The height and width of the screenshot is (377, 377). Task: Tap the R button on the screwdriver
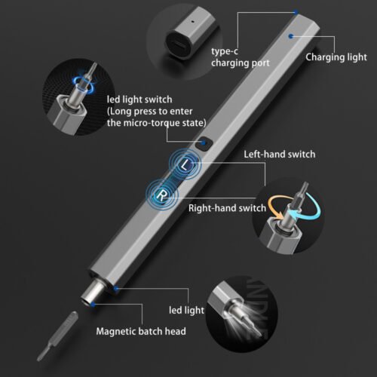click(x=161, y=195)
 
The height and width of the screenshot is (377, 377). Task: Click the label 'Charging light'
click(x=336, y=57)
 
